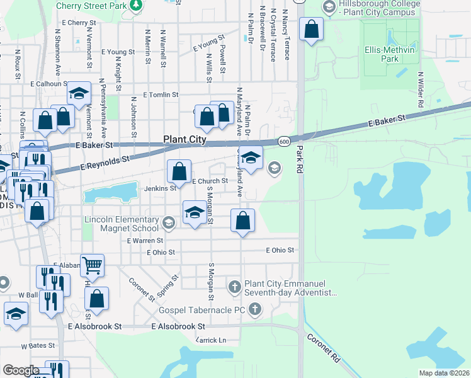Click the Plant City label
click(x=184, y=139)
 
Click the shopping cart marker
click(x=93, y=266)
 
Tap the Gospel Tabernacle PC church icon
click(x=255, y=309)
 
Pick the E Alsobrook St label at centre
click(x=179, y=327)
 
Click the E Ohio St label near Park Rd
click(x=280, y=250)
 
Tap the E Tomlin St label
click(x=162, y=95)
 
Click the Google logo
click(x=21, y=370)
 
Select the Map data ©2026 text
click(x=444, y=373)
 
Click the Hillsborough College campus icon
click(x=328, y=7)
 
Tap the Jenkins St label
click(x=159, y=188)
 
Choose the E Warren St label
click(x=145, y=240)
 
